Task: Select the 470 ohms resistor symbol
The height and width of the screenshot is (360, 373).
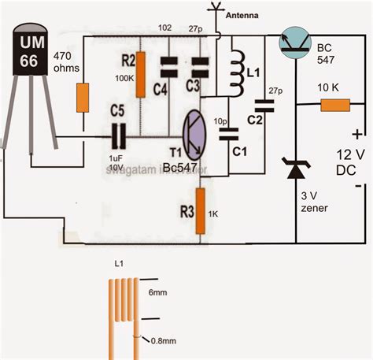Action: click(x=82, y=98)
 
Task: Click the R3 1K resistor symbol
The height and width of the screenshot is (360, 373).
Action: click(x=200, y=210)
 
